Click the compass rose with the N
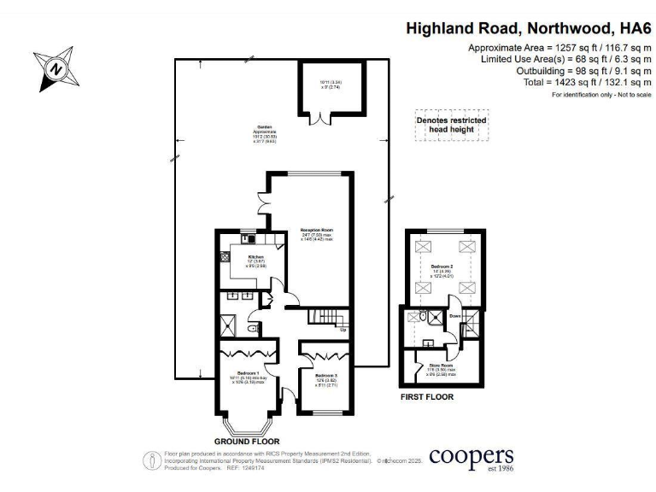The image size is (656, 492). (56, 66)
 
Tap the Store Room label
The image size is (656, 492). (441, 368)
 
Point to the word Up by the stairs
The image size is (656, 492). (343, 329)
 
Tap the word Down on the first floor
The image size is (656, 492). (454, 315)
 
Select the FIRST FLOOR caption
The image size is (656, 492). (427, 397)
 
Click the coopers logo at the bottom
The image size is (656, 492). (471, 458)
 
